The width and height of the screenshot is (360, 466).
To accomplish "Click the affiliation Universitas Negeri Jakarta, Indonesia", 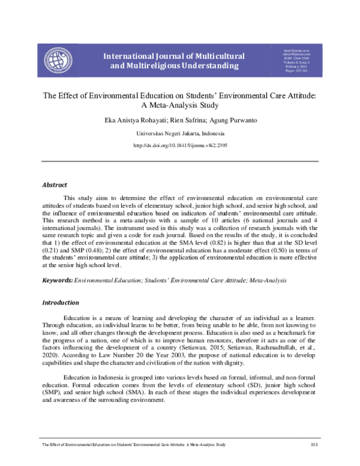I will point(180,133).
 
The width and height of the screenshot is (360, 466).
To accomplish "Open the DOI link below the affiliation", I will point(180,146).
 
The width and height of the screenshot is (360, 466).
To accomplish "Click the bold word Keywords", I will point(56,280).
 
